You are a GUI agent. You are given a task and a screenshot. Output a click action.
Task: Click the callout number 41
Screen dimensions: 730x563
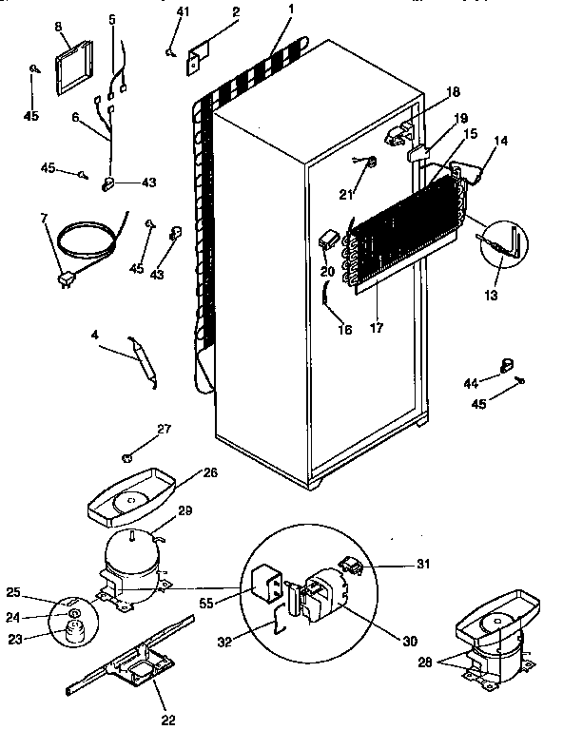tap(183, 11)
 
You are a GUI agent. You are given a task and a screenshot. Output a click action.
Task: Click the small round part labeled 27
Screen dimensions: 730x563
tap(127, 458)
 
